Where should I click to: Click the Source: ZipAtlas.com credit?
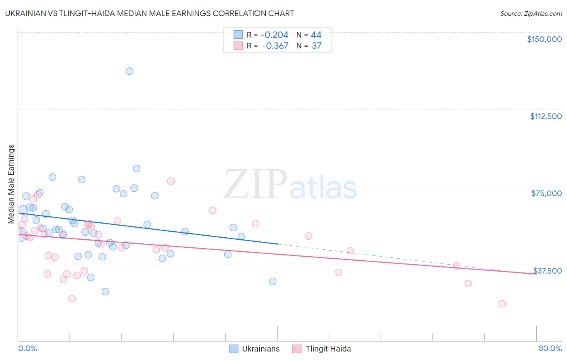tap(531, 13)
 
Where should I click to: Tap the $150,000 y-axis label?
tap(544, 39)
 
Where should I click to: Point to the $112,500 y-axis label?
tap(546, 116)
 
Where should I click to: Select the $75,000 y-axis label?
tap(546, 193)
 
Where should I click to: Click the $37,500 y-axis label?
tap(547, 271)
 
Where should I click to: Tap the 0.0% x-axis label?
tap(27, 348)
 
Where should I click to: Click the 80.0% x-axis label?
tap(550, 348)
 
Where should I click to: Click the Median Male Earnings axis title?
tap(11, 184)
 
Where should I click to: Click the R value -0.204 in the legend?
tap(275, 35)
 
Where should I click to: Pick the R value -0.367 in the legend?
tap(275, 46)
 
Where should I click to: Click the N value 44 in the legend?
tap(316, 35)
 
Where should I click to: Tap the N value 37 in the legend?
tap(317, 46)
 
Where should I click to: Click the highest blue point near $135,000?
tap(129, 71)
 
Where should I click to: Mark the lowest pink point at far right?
tap(502, 303)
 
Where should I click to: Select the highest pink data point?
tap(171, 181)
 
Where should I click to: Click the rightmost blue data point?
tap(273, 281)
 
